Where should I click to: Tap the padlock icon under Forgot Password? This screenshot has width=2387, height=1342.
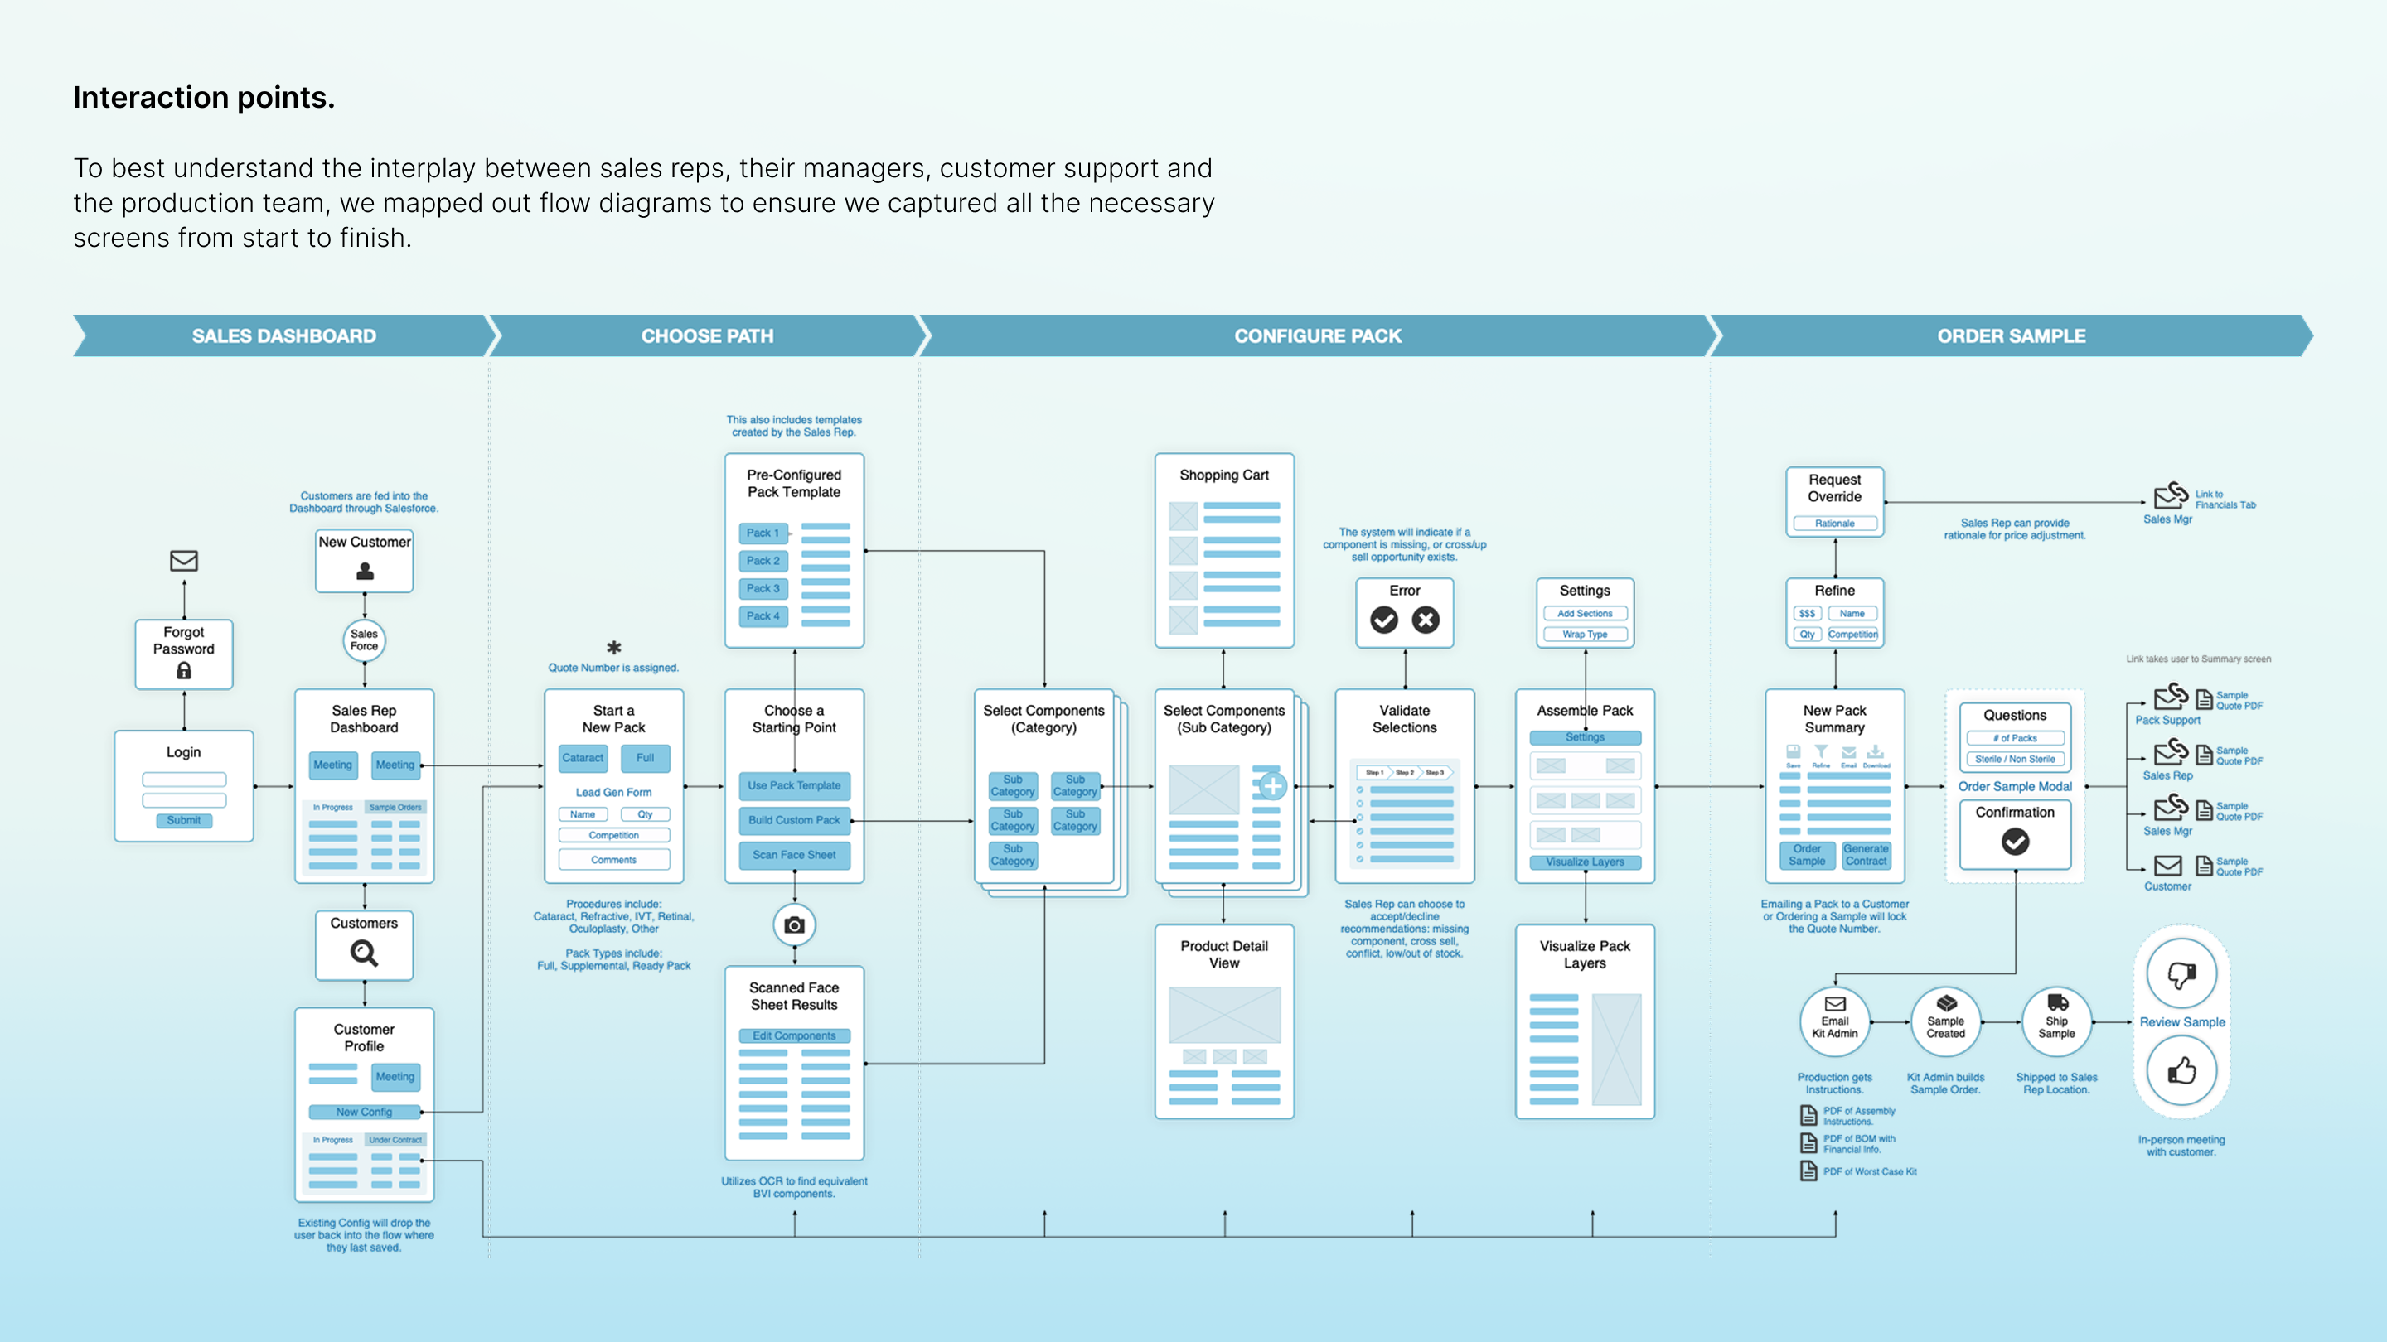pyautogui.click(x=183, y=670)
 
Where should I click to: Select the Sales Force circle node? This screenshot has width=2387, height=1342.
pyautogui.click(x=364, y=640)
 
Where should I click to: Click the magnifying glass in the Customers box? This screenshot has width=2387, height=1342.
pyautogui.click(x=363, y=953)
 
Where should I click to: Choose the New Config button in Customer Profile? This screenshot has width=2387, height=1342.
pyautogui.click(x=364, y=1112)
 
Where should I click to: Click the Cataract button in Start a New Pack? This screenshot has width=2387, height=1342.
pyautogui.click(x=582, y=758)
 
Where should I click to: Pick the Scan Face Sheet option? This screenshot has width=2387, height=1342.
pyautogui.click(x=793, y=855)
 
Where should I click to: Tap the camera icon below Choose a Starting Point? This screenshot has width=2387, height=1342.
pyautogui.click(x=794, y=924)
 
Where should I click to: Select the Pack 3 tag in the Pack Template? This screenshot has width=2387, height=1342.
pyautogui.click(x=763, y=588)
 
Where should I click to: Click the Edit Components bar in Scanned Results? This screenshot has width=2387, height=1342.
pyautogui.click(x=793, y=1035)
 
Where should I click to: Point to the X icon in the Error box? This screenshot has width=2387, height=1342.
pyautogui.click(x=1426, y=620)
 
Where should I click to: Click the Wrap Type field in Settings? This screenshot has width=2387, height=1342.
pyautogui.click(x=1585, y=635)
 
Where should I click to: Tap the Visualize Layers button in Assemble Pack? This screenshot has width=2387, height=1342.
pyautogui.click(x=1585, y=862)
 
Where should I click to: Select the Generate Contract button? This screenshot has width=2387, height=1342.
pyautogui.click(x=1866, y=855)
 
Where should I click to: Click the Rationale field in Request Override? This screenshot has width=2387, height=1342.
pyautogui.click(x=1834, y=524)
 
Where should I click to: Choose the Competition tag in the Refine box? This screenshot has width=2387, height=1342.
pyautogui.click(x=1852, y=635)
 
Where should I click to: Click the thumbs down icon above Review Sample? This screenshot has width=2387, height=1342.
pyautogui.click(x=2181, y=973)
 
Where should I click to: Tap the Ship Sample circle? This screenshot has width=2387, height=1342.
pyautogui.click(x=2056, y=1021)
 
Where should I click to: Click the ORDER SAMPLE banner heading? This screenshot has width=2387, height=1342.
pyautogui.click(x=2011, y=336)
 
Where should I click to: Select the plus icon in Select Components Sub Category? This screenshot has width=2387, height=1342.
pyautogui.click(x=1272, y=786)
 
